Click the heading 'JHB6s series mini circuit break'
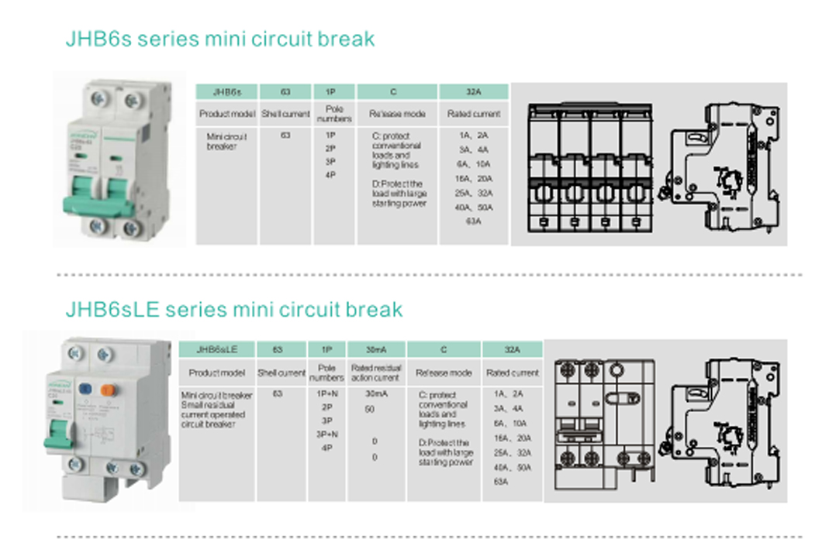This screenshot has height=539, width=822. pyautogui.click(x=220, y=39)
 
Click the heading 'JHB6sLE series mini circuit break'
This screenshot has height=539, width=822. pyautogui.click(x=234, y=310)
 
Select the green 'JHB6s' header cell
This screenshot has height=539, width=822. pyautogui.click(x=226, y=91)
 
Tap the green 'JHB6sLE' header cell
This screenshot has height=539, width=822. pyautogui.click(x=216, y=349)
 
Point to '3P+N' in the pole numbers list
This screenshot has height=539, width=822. pyautogui.click(x=326, y=435)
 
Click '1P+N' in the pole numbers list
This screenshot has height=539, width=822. pyautogui.click(x=326, y=393)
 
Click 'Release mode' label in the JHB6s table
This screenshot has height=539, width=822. pyautogui.click(x=397, y=114)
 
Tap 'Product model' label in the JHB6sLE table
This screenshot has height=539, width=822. pyautogui.click(x=216, y=372)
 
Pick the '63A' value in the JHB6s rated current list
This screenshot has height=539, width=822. pyautogui.click(x=474, y=221)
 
